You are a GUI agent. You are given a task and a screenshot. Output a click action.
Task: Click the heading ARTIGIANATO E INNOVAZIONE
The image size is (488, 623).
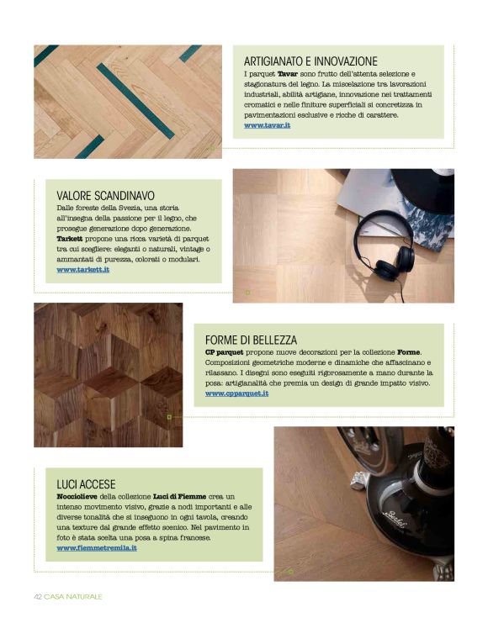coord(310,61)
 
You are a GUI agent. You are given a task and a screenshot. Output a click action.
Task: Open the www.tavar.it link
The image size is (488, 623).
coord(267,125)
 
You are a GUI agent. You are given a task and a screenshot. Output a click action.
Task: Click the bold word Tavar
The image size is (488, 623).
coord(287,74)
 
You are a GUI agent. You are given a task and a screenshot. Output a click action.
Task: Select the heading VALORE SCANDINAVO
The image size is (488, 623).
coord(105,196)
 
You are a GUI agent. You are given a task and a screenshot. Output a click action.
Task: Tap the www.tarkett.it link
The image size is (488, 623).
coord(82,270)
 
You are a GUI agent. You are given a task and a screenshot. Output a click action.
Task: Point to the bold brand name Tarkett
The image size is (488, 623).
coord(70,239)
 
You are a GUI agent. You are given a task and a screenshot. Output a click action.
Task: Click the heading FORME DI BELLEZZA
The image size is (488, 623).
coord(251,341)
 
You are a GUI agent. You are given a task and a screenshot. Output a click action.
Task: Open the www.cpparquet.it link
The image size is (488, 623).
coord(236,393)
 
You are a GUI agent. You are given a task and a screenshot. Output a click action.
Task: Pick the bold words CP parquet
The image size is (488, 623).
coord(224,352)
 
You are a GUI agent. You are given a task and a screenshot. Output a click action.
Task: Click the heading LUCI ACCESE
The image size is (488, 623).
coord(86,484)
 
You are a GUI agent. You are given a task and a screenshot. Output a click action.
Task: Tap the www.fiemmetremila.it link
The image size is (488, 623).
coord(97,548)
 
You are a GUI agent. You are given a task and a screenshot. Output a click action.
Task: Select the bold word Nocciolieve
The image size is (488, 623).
coord(77,497)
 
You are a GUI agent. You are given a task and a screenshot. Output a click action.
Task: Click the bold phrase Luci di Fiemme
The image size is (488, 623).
coord(179,497)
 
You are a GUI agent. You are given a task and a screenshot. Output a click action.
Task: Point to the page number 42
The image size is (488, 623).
coord(38,597)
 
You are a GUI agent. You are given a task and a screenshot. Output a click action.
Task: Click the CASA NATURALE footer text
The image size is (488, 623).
coord(73,597)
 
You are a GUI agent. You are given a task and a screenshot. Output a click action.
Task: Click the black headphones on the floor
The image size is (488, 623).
coord(383,247)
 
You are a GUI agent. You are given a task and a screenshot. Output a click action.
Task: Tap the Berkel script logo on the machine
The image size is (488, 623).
coord(395,520)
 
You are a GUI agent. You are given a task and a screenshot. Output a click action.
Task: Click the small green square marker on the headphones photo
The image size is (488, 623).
coord(247,293)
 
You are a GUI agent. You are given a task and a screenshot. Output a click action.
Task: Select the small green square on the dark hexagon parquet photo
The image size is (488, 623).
coord(169,417)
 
